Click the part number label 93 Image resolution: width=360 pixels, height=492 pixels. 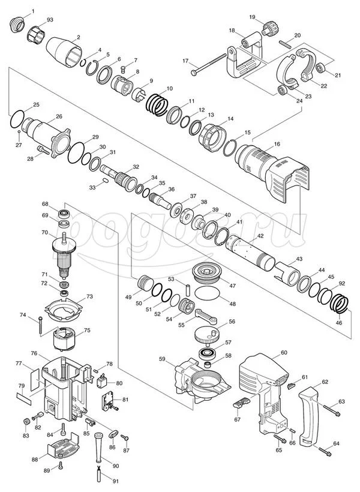(x=50, y=20)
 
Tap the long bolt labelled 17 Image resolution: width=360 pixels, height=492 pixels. (x=209, y=64)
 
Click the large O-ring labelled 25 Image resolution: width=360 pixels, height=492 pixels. (x=17, y=119)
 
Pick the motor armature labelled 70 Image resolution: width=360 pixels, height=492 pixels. (x=65, y=254)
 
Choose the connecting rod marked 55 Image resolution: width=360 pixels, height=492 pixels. (x=206, y=316)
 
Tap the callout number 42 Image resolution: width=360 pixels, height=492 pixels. (x=260, y=236)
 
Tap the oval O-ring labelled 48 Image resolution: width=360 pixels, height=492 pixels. (x=207, y=294)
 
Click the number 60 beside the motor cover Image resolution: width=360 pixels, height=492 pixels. (x=284, y=352)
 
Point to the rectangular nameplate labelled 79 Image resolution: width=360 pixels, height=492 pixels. (x=24, y=398)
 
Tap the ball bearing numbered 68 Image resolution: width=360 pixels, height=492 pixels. (x=64, y=214)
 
